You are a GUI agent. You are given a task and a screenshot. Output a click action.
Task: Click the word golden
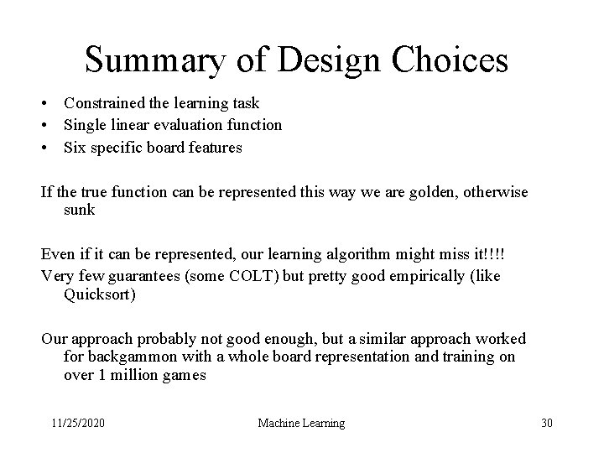click(432, 192)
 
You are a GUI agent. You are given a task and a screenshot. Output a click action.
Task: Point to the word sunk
click(79, 210)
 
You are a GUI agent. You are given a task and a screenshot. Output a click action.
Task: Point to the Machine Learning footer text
click(301, 423)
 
